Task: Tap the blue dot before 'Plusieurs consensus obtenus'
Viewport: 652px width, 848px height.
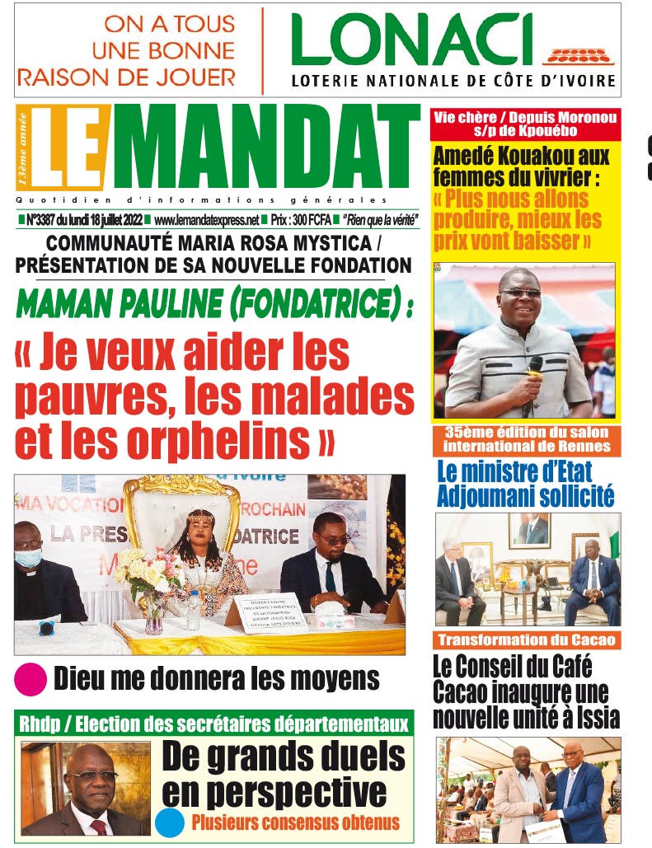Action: [x=170, y=822]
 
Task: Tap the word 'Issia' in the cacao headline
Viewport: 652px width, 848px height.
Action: [x=597, y=717]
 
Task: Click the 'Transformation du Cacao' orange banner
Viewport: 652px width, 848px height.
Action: [x=527, y=640]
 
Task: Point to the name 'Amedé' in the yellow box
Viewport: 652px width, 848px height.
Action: [x=465, y=155]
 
